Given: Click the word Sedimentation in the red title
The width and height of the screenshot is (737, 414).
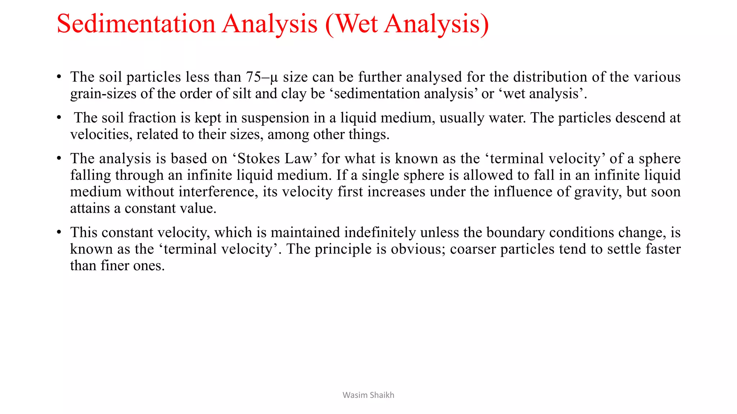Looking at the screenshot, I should tap(136, 24).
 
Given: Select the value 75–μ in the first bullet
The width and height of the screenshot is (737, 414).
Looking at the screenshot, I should tap(262, 77).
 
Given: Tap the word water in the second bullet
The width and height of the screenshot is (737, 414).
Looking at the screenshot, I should tap(506, 118).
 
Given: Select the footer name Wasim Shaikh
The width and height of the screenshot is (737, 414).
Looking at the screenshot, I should tap(368, 395).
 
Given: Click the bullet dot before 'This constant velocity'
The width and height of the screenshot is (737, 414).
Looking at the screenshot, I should tap(59, 232).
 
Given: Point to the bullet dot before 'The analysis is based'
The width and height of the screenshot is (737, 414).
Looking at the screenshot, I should tap(59, 158).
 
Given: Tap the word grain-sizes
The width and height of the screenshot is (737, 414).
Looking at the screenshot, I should tap(103, 94).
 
